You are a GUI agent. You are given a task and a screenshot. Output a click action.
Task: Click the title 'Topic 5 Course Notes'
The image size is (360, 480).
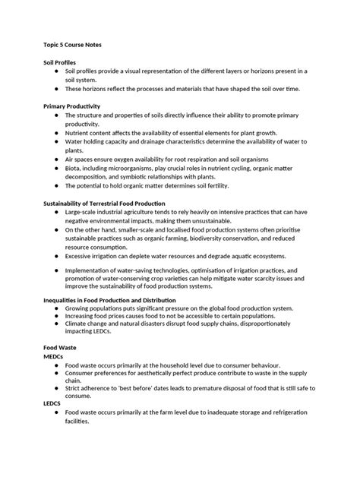(x=73, y=44)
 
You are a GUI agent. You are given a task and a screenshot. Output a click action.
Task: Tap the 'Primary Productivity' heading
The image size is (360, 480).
(x=72, y=106)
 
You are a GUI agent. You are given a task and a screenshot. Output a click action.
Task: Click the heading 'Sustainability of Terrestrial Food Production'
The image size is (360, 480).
(x=114, y=204)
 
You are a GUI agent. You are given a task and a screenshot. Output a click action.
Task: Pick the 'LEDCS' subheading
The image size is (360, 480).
(x=53, y=403)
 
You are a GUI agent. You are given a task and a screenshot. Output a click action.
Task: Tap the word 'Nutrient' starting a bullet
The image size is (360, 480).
(x=80, y=131)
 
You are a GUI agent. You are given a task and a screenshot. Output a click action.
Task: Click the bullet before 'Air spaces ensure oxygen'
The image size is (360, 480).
(x=57, y=159)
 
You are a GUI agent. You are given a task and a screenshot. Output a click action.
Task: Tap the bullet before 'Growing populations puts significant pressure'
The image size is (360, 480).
(x=57, y=308)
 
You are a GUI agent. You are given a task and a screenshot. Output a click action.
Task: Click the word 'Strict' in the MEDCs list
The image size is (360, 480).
(x=74, y=386)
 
